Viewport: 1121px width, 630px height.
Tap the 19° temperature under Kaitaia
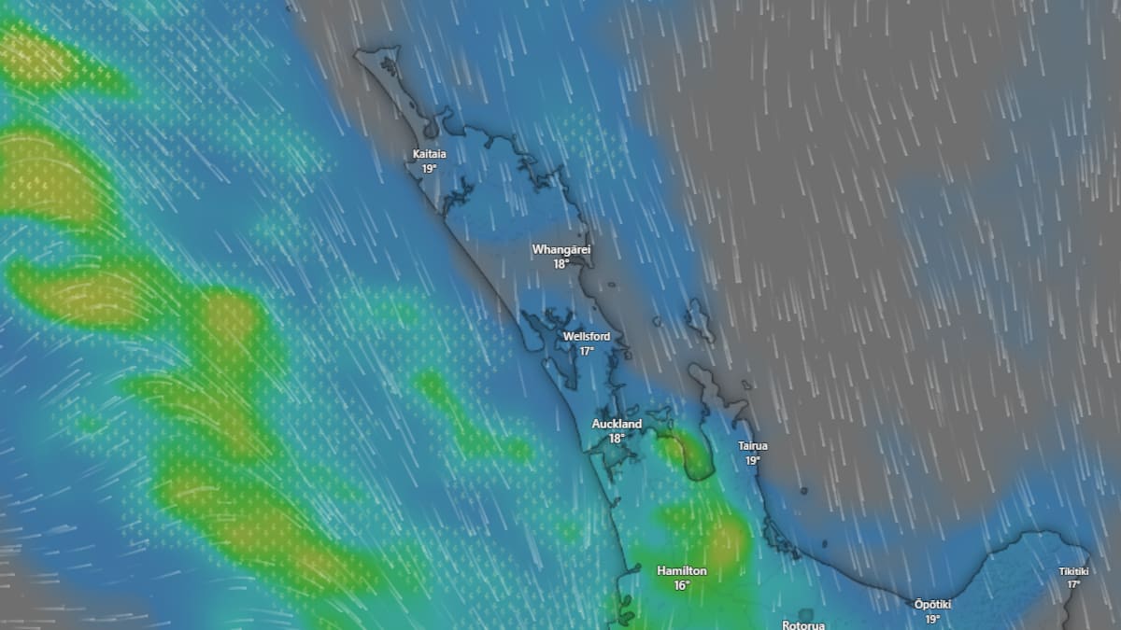[429, 169]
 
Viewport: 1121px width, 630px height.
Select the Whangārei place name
[560, 249]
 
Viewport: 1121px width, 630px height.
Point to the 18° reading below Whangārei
[560, 264]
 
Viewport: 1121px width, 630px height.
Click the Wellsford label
[586, 336]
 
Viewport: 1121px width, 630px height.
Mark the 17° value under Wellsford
[587, 351]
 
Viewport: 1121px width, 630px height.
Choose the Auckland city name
[617, 424]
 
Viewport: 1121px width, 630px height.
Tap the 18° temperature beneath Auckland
[617, 439]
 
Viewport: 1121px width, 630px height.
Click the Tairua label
[752, 446]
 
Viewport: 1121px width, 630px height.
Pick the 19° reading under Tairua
[752, 461]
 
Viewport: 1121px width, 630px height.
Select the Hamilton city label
[681, 570]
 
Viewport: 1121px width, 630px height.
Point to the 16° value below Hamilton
[681, 585]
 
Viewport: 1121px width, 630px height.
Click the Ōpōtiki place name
[932, 604]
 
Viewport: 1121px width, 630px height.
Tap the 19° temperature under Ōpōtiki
[932, 619]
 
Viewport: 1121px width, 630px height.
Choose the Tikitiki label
[1073, 571]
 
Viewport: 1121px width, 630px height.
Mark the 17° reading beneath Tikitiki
[1073, 585]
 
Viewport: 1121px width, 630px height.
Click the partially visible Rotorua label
[804, 624]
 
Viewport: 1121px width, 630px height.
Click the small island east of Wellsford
[697, 319]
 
